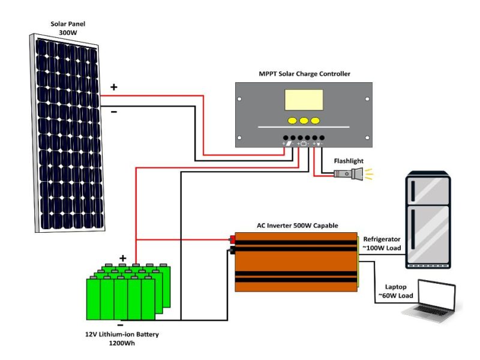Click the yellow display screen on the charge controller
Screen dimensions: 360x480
304,100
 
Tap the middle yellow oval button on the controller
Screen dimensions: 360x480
304,120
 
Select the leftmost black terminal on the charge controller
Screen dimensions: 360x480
286,137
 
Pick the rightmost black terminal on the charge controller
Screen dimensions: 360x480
322,137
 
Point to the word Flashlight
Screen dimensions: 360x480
349,161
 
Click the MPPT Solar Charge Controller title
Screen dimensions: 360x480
304,74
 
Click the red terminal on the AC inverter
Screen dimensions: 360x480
232,240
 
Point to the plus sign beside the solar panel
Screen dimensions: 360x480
113,88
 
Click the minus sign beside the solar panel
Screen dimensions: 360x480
113,111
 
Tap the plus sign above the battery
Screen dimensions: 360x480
123,258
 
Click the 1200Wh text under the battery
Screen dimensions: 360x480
122,343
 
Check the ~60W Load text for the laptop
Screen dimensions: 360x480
395,296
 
